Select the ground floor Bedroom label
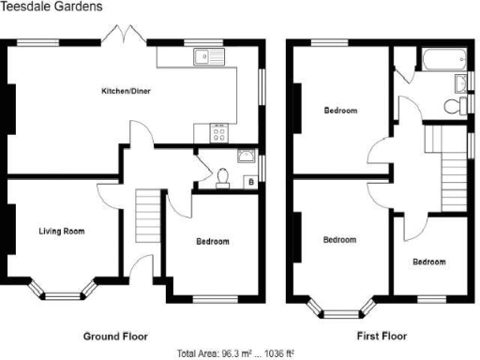pyautogui.click(x=212, y=241)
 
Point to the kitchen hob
pyautogui.click(x=218, y=133)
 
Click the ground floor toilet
pyautogui.click(x=223, y=176)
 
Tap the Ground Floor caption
pyautogui.click(x=115, y=334)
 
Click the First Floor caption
pyautogui.click(x=380, y=334)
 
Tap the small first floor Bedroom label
pyautogui.click(x=428, y=262)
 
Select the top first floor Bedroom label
pyautogui.click(x=340, y=111)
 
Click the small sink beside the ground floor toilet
pyautogui.click(x=245, y=156)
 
